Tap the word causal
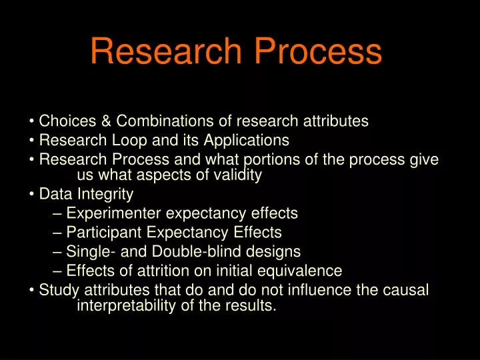pos(405,290)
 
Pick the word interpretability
pos(127,306)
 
